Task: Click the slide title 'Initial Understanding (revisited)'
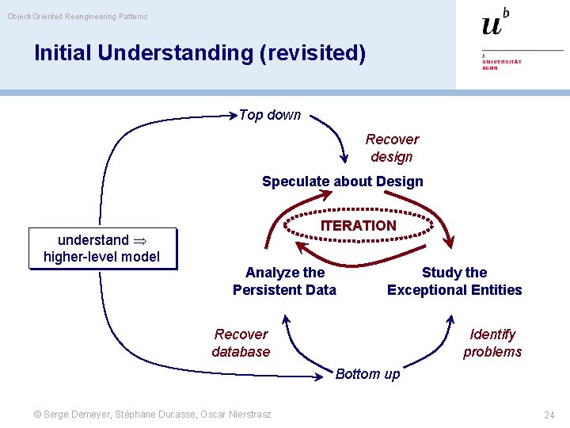click(x=199, y=53)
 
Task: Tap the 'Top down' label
click(x=269, y=115)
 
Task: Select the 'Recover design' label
click(x=392, y=147)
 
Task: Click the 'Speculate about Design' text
click(x=342, y=182)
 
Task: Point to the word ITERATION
click(x=358, y=226)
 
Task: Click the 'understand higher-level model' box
click(x=101, y=248)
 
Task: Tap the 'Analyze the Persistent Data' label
click(x=284, y=281)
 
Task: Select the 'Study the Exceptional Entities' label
click(x=454, y=281)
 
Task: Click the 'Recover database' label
click(x=241, y=343)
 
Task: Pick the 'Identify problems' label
click(x=492, y=343)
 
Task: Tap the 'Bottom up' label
click(x=367, y=374)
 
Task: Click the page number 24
click(x=549, y=415)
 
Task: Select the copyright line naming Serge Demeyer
click(x=150, y=415)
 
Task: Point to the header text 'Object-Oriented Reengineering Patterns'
click(x=78, y=16)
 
